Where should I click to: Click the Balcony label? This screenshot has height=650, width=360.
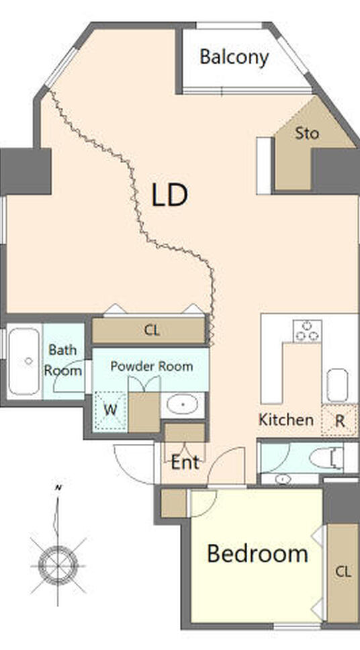(234, 57)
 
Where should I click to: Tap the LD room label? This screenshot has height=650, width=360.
(170, 195)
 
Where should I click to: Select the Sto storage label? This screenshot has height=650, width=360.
(307, 134)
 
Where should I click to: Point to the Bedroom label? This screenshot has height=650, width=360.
(257, 553)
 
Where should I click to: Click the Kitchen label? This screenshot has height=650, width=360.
(285, 420)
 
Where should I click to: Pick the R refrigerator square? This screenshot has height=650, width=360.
(339, 420)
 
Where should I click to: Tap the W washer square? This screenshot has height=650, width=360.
(110, 411)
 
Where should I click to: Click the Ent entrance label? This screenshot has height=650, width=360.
(185, 462)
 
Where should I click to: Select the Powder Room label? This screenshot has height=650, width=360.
(151, 367)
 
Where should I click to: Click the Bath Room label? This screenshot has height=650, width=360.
(63, 360)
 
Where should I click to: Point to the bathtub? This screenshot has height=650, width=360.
(24, 361)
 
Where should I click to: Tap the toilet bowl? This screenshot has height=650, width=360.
(326, 459)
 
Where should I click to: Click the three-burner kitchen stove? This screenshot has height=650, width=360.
(308, 331)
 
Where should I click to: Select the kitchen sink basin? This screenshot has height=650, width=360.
(337, 385)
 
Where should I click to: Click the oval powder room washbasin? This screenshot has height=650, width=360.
(182, 404)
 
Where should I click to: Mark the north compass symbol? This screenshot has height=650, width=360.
(58, 564)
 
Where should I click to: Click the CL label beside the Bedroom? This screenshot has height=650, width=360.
(343, 572)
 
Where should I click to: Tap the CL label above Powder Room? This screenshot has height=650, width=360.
(152, 330)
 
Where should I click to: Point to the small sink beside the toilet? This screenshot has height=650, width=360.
(283, 479)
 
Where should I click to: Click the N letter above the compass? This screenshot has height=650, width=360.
(58, 488)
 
